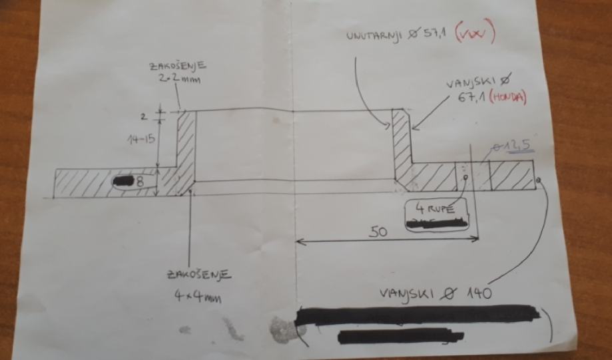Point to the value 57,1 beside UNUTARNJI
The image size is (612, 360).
tap(432, 34)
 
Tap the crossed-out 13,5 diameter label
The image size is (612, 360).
tap(510, 146)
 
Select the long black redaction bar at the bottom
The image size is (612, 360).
tap(419, 315)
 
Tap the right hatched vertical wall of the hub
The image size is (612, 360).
tap(400, 143)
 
